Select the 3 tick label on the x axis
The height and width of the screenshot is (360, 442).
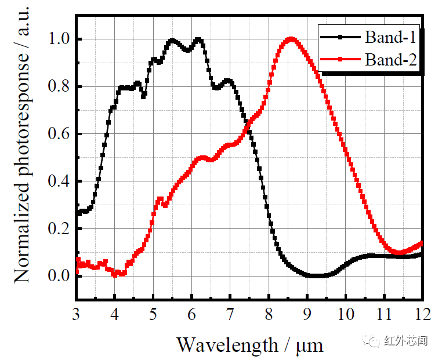tap(77, 315)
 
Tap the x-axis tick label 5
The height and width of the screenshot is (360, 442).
tap(153, 315)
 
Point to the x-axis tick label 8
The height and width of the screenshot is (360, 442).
tap(269, 315)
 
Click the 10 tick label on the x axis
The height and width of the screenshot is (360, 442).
tap(346, 315)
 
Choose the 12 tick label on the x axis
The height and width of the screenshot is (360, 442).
tap(422, 315)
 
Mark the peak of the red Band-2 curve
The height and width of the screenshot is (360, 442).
tap(291, 39)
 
